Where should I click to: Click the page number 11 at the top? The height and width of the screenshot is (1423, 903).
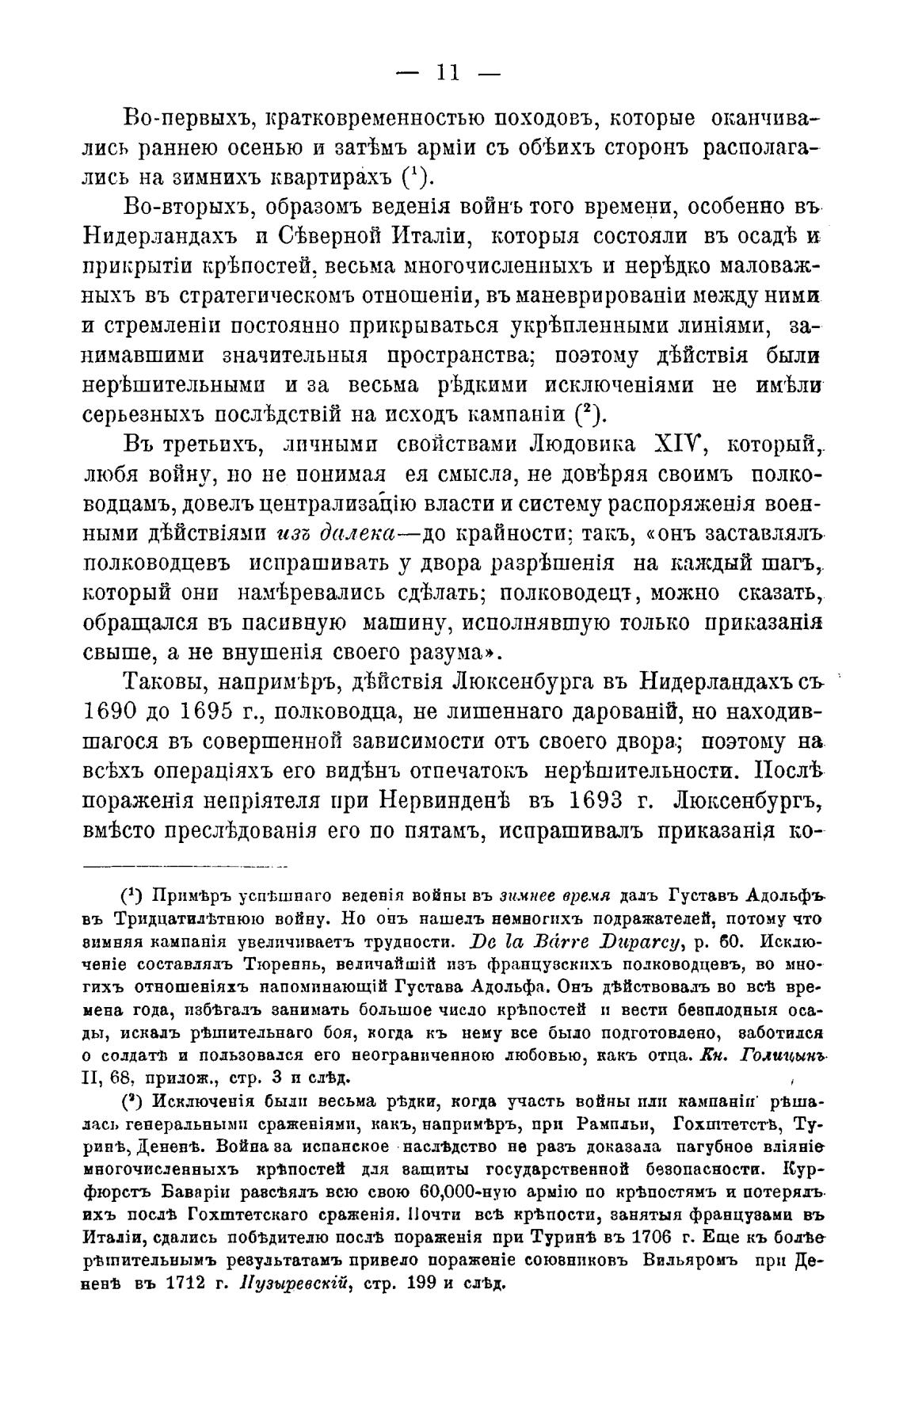[x=448, y=73]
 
